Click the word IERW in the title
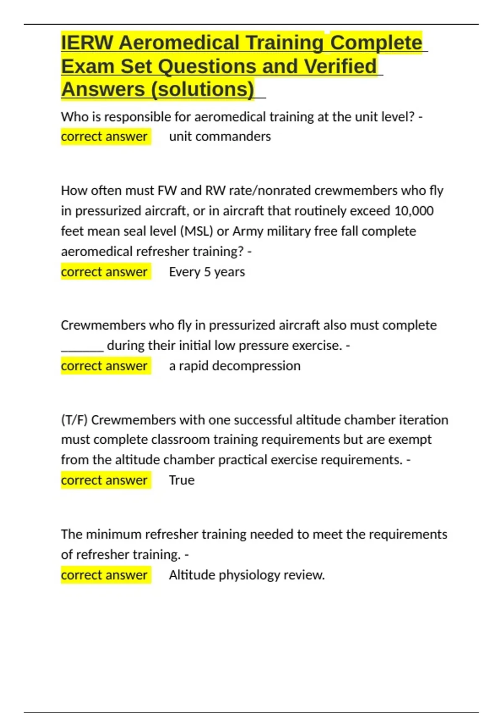coord(87,43)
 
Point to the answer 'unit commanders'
coord(220,136)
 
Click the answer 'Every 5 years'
coord(207,272)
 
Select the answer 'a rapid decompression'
coord(234,366)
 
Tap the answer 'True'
coord(181,480)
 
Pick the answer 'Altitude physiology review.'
coord(246,575)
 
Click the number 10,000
coord(414,211)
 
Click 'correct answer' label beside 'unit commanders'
coord(104,136)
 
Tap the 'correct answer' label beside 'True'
coord(104,480)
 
